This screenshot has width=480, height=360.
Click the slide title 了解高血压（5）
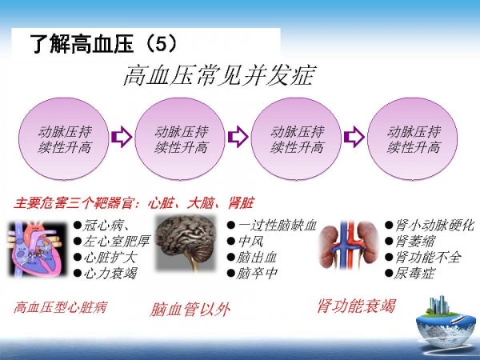pyautogui.click(x=104, y=44)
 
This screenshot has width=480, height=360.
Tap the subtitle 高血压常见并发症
pyautogui.click(x=218, y=75)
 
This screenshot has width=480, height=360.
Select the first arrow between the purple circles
pyautogui.click(x=122, y=137)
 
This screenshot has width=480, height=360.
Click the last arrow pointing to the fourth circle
pyautogui.click(x=354, y=137)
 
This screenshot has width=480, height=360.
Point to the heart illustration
pyautogui.click(x=37, y=249)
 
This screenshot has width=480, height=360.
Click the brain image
pyautogui.click(x=186, y=243)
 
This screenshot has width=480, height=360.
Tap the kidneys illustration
pyautogui.click(x=348, y=245)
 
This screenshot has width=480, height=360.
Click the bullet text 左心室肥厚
pyautogui.click(x=116, y=242)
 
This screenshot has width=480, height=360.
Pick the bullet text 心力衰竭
pyautogui.click(x=110, y=273)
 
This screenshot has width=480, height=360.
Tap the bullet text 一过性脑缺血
pyautogui.click(x=277, y=226)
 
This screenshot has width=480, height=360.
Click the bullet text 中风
pyautogui.click(x=250, y=242)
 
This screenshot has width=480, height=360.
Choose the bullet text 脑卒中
pyautogui.click(x=257, y=273)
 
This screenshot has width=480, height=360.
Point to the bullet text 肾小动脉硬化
pyautogui.click(x=434, y=226)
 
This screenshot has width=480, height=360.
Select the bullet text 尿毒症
pyautogui.click(x=414, y=273)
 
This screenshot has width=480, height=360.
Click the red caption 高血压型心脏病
pyautogui.click(x=60, y=307)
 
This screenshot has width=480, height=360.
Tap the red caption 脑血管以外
pyautogui.click(x=190, y=309)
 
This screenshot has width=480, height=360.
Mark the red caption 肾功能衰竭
pyautogui.click(x=357, y=306)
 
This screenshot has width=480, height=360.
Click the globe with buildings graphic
pyautogui.click(x=445, y=322)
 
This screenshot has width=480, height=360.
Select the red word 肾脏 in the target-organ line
pyautogui.click(x=242, y=203)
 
